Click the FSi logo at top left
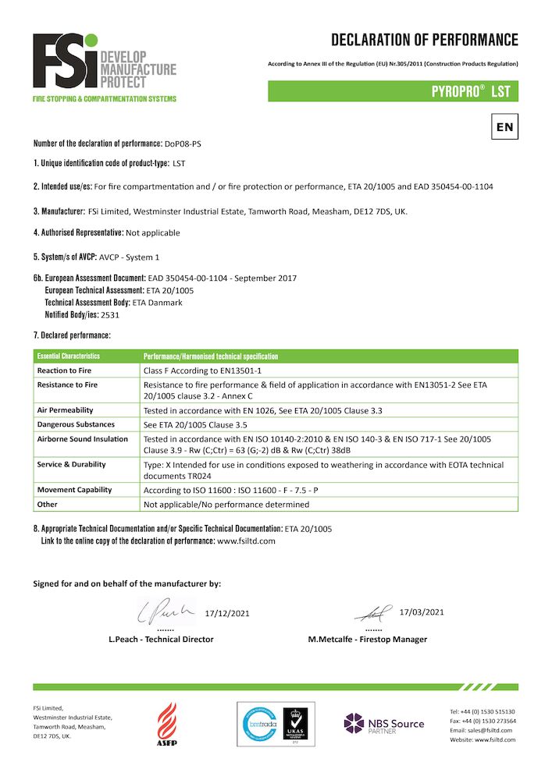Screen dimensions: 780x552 tap(104, 67)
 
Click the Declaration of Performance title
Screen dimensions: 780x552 tap(424, 40)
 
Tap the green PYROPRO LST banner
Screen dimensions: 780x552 tap(393, 91)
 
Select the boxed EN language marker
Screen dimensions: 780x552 tap(504, 126)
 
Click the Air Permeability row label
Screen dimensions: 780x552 tap(66, 409)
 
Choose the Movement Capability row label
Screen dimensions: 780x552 tap(75, 490)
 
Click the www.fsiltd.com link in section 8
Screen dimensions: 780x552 tap(246, 541)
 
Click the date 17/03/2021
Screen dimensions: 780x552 tap(421, 612)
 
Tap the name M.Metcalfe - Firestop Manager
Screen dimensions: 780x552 tap(368, 639)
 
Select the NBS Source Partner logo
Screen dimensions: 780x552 tap(384, 724)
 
